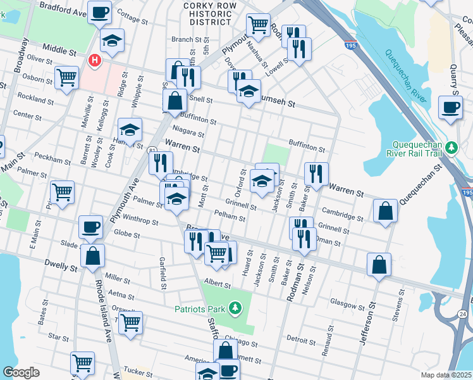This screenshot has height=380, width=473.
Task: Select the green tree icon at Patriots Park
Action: (x=235, y=308)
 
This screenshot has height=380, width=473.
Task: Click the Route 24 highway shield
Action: (x=463, y=313)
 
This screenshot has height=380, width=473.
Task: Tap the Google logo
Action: (x=21, y=372)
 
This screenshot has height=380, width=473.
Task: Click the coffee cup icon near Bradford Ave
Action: (x=99, y=11)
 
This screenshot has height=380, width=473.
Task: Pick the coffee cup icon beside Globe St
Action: (x=90, y=226)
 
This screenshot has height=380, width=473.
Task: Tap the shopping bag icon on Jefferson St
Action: (x=379, y=265)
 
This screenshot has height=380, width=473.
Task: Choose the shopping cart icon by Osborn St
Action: (x=66, y=78)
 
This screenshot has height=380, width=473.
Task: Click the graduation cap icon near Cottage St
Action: (x=112, y=41)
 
